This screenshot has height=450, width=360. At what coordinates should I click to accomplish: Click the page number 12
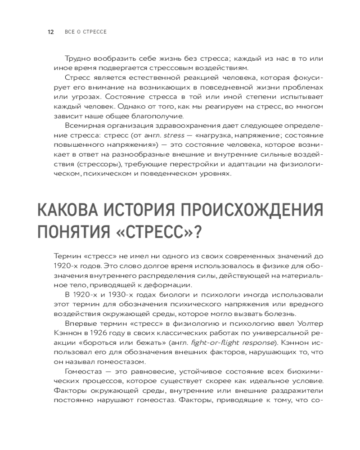(51, 32)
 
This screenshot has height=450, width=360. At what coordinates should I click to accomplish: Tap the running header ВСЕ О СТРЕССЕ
(85, 32)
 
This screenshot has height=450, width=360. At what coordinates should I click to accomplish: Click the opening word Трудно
(77, 59)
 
